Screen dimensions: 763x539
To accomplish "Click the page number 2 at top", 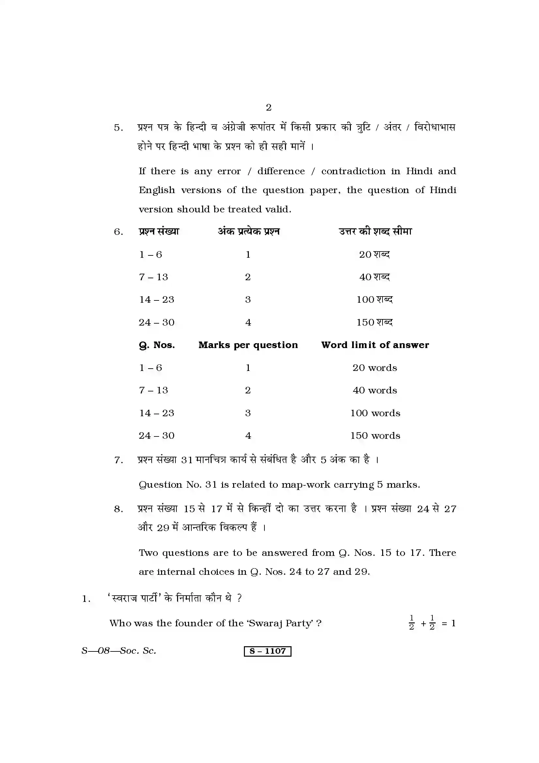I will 269,107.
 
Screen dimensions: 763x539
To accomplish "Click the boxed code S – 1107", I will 267,651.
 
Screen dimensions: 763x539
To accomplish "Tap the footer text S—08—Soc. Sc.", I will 119,651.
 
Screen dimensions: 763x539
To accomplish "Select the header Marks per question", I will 248,345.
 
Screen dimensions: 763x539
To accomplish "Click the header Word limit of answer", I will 375,345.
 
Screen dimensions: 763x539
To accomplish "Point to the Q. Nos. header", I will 157,345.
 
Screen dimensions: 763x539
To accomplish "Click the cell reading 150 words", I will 375,436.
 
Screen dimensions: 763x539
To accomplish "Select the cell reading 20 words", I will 375,368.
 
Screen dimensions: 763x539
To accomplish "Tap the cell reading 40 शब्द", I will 374,277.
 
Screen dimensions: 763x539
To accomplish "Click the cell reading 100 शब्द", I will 374,300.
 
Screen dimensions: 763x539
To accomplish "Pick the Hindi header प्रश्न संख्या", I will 159,232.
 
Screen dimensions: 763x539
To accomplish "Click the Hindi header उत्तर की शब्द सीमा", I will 375,232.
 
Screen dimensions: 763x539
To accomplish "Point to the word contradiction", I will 353,171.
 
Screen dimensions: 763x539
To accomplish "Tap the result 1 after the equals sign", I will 453,623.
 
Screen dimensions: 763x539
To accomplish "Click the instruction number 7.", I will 118,460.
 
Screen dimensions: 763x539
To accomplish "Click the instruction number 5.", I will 118,128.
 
